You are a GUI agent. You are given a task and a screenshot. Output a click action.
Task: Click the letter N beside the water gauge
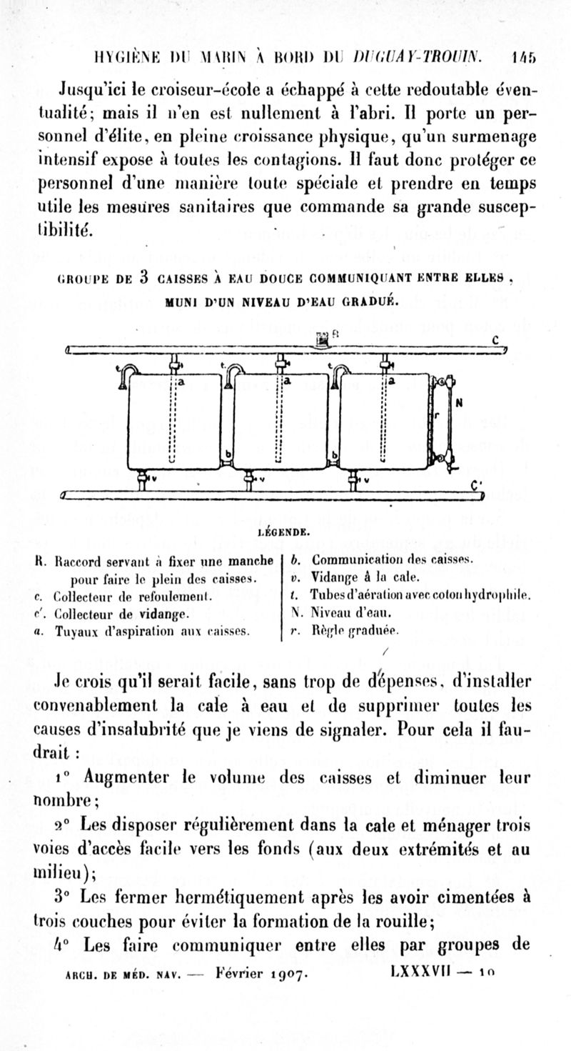point(459,402)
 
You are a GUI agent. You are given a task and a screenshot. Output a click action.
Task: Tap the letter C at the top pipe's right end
point(495,340)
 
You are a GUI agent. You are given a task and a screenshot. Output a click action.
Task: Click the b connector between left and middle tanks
point(228,454)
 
